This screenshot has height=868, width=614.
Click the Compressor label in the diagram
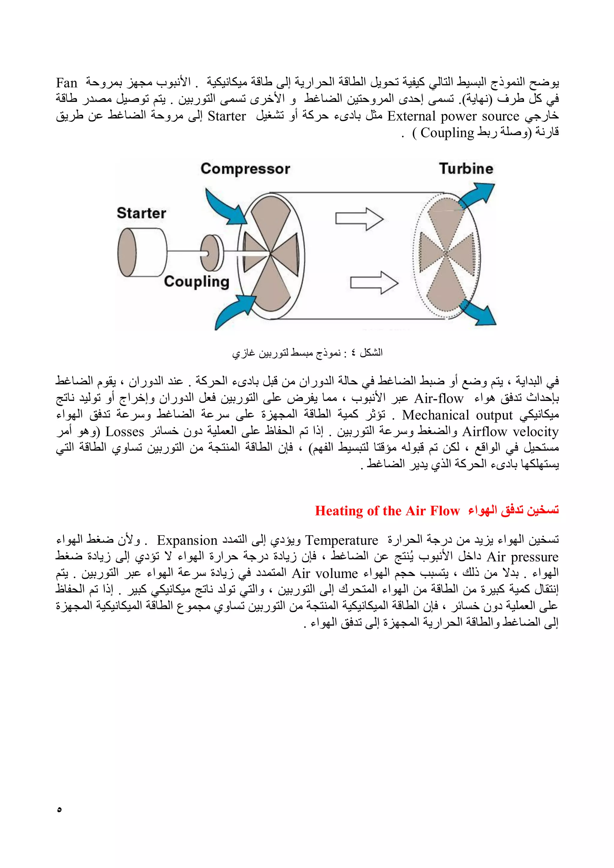[245, 169]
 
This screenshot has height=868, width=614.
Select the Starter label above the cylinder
[141, 213]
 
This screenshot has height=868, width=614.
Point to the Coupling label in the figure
[196, 282]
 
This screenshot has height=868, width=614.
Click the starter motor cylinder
[142, 252]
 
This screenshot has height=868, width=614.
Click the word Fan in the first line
[67, 83]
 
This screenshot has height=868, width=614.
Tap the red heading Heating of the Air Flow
[387, 511]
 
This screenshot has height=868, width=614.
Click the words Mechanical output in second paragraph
[457, 415]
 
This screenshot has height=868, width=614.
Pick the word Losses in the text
[124, 432]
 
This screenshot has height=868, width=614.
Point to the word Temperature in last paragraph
[341, 541]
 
